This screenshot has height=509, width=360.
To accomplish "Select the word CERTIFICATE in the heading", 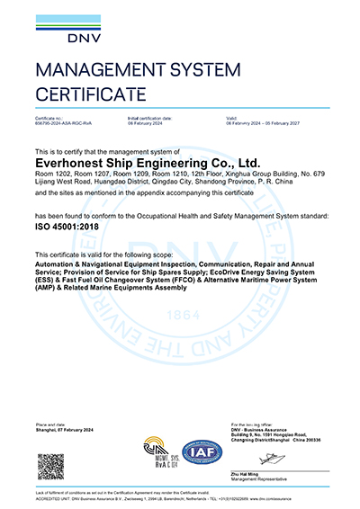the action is click(91, 94).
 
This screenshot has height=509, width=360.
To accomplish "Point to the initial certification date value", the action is click(148, 123).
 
